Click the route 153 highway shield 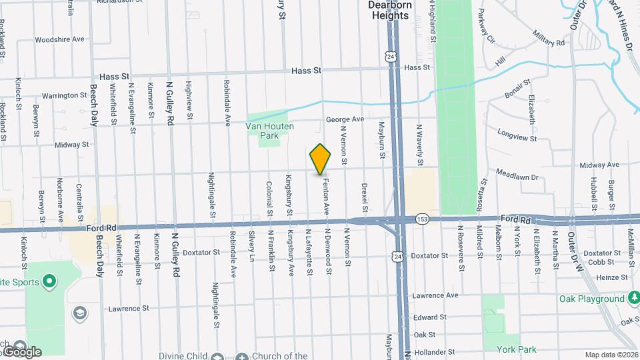point(421,219)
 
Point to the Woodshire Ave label point(60,39)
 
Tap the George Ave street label point(345,119)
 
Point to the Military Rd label point(549,39)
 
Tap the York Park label point(516,349)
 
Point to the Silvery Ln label point(252,247)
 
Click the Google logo point(21,351)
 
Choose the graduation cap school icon point(79,313)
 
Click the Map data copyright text point(611,355)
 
